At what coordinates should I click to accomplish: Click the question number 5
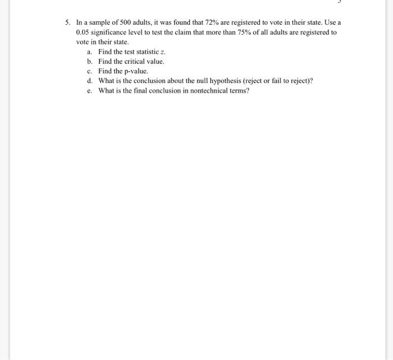coord(66,23)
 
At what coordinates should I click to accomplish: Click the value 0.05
coord(83,33)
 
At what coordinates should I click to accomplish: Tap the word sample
coord(100,23)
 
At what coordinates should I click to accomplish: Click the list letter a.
coord(89,52)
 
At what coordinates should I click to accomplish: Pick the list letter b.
coord(89,61)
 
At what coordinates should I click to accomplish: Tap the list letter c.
coord(89,71)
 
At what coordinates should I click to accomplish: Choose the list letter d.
coord(89,81)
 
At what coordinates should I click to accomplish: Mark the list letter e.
coord(89,90)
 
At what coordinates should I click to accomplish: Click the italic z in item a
coord(162,52)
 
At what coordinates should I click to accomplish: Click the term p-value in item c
coord(135,71)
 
